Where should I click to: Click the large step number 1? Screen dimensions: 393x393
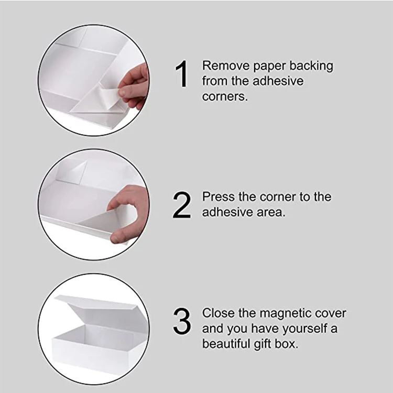click(182, 74)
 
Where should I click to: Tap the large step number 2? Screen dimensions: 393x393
click(182, 206)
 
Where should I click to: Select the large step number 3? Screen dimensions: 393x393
click(182, 321)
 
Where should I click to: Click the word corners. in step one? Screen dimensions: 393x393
click(225, 97)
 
